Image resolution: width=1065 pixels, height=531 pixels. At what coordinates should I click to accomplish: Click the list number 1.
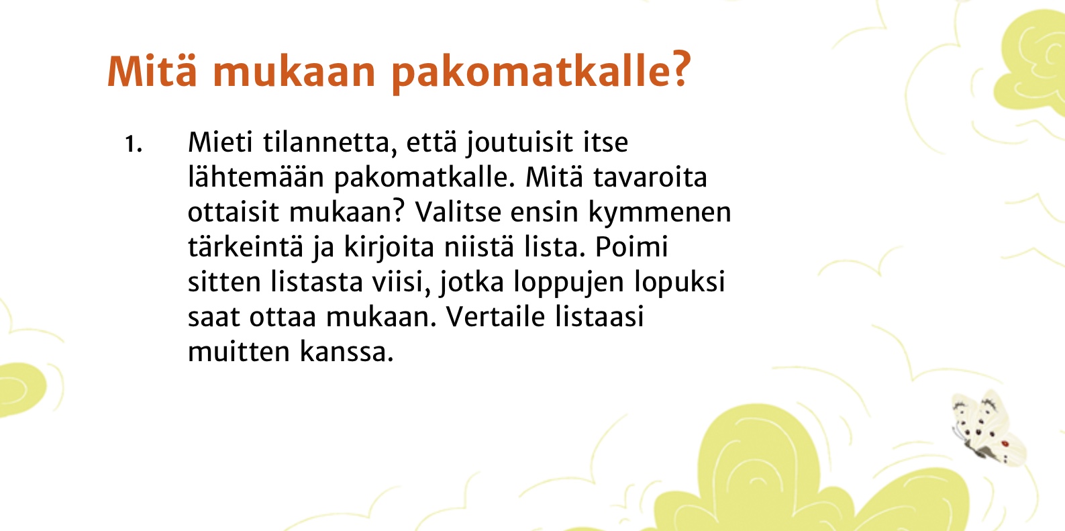[133, 144]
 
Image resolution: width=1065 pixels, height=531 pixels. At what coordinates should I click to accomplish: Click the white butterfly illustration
[988, 428]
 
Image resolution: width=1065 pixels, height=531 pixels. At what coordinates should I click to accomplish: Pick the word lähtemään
[255, 177]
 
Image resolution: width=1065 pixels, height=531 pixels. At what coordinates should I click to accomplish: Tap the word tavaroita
[650, 177]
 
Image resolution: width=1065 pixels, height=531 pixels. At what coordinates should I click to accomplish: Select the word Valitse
[458, 211]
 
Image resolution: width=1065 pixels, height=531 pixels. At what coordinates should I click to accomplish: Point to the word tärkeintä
[246, 247]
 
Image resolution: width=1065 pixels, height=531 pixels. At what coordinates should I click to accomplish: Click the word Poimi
[631, 247]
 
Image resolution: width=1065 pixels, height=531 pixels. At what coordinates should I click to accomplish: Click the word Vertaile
[495, 317]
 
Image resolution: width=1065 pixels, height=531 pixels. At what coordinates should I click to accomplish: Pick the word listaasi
[599, 317]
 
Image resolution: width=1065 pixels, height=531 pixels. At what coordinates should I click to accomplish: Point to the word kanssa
[346, 352]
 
